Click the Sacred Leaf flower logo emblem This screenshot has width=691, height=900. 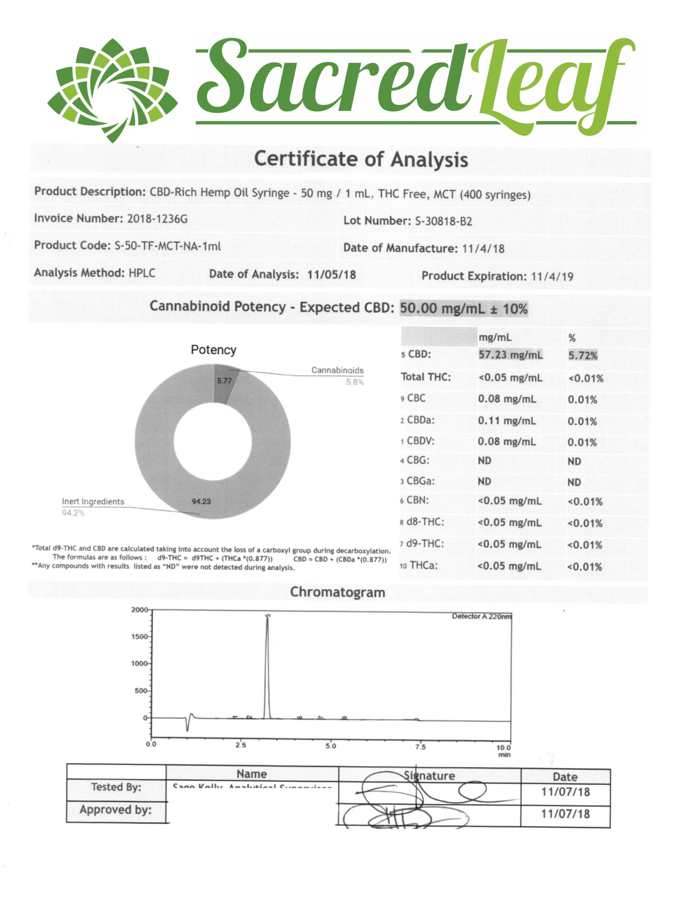[x=112, y=90]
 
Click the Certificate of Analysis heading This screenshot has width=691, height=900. [x=361, y=160]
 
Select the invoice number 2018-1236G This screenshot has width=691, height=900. [x=157, y=218]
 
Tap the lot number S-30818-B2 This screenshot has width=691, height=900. [x=443, y=221]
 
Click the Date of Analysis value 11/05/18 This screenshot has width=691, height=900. [x=332, y=274]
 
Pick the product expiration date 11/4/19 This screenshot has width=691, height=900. [x=552, y=276]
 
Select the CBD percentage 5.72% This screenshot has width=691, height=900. [x=583, y=355]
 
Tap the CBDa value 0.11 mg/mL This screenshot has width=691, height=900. [x=507, y=420]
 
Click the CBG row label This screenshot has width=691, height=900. [x=417, y=460]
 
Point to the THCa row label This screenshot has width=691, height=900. [x=423, y=565]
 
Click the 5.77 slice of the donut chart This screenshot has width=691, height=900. [x=224, y=381]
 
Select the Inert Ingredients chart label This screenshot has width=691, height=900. [x=93, y=502]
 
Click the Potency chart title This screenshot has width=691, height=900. [x=213, y=350]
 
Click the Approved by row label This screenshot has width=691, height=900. [x=116, y=810]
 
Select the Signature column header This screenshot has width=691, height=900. [x=429, y=776]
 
